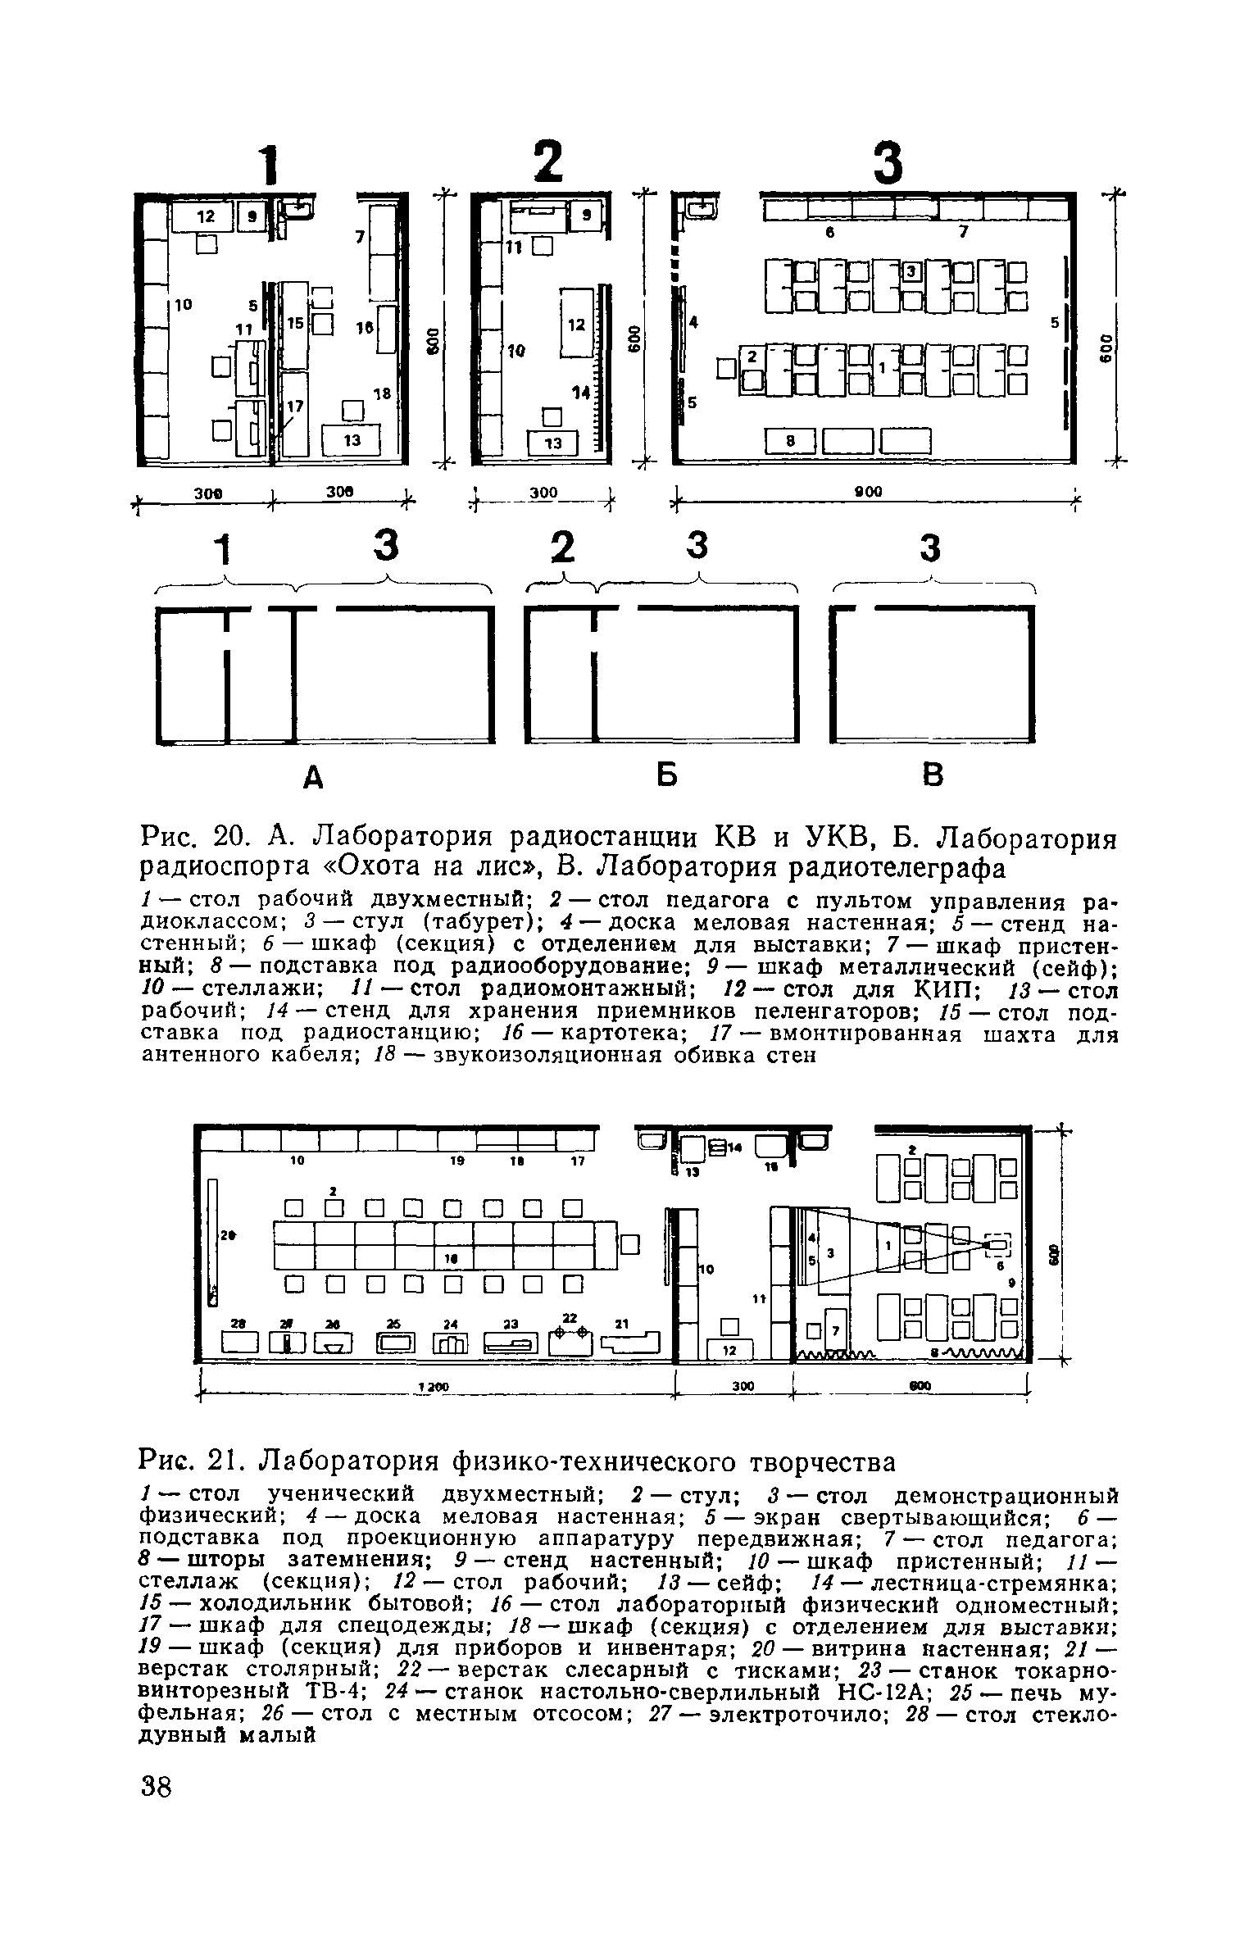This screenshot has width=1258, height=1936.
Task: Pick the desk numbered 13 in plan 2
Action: [x=554, y=443]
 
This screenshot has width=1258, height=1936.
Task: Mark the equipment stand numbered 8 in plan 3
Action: [x=791, y=441]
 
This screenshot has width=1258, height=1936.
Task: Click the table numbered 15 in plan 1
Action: [x=294, y=325]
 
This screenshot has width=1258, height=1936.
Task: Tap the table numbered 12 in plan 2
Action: [x=577, y=323]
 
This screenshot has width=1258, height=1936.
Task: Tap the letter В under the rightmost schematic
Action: [x=933, y=775]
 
